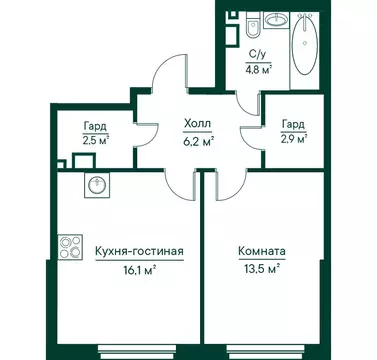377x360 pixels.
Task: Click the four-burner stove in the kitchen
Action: point(71,244)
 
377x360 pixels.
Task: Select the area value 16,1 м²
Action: point(138,269)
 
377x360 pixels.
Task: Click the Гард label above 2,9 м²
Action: point(292,123)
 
